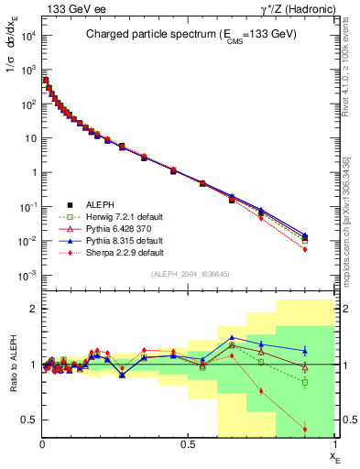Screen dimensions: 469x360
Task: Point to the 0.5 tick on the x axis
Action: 188,444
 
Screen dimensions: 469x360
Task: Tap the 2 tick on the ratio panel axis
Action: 33,310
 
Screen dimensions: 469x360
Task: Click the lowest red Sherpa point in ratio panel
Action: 304,429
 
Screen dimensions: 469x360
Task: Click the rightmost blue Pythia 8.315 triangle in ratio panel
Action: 304,350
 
